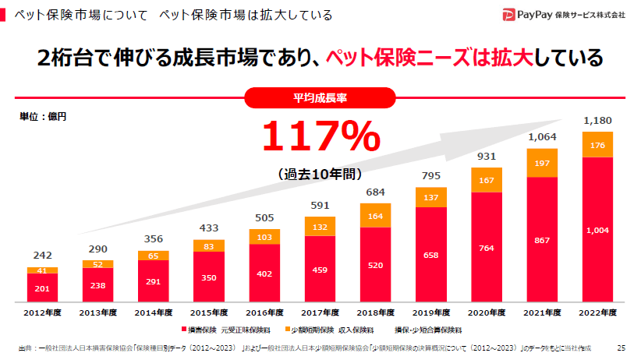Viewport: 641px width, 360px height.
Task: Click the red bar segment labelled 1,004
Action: (x=597, y=230)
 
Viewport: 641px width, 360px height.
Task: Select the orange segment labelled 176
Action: (x=597, y=145)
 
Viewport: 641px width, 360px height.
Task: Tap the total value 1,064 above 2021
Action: (x=542, y=138)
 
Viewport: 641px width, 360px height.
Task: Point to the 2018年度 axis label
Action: (x=375, y=312)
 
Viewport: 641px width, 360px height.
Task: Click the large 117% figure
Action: (x=320, y=136)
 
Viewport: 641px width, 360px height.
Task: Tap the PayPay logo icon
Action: (x=509, y=14)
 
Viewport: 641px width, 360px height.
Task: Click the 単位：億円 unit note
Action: (x=43, y=117)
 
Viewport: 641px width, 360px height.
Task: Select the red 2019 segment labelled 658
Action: (x=431, y=254)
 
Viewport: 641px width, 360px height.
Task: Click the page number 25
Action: (x=621, y=348)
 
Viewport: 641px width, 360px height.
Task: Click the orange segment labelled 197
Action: (x=542, y=163)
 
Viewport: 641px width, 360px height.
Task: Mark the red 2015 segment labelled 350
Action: (x=208, y=277)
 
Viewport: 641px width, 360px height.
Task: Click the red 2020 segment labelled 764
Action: (x=487, y=247)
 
